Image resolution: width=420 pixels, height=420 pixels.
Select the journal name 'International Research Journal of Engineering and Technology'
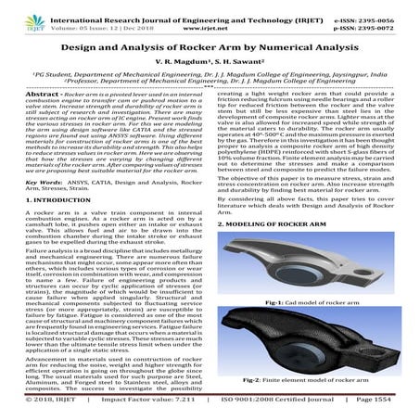click(x=192, y=7)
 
